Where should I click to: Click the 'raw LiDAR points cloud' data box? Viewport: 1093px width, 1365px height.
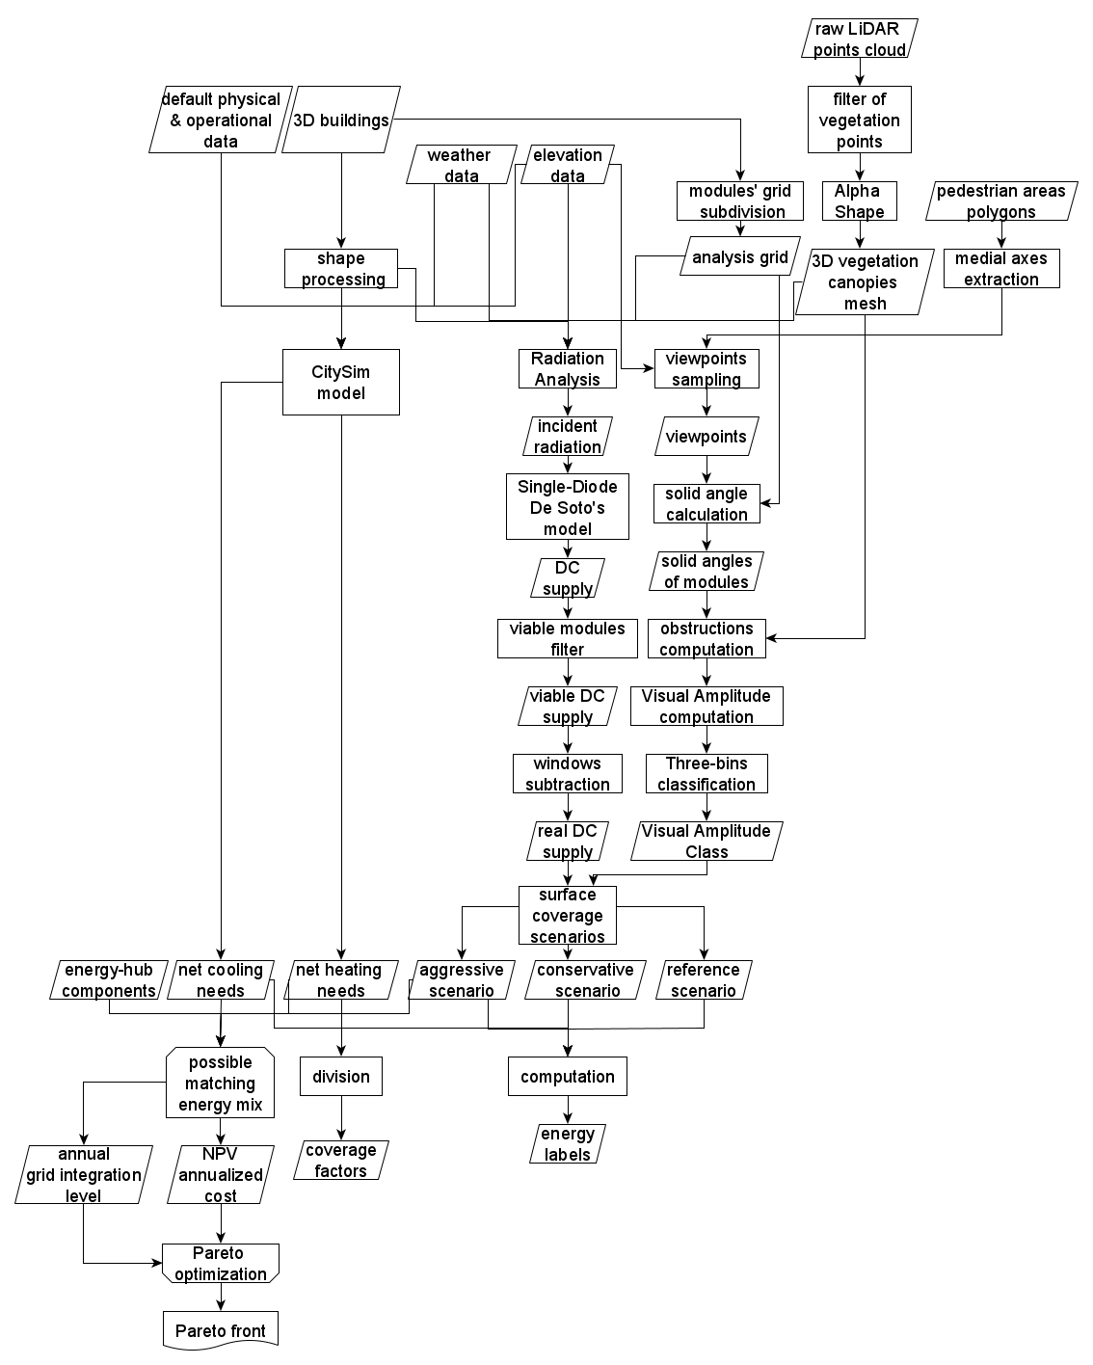coord(859,40)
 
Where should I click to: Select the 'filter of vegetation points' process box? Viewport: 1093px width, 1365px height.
coord(859,120)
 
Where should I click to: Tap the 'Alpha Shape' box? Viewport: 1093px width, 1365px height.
coord(859,201)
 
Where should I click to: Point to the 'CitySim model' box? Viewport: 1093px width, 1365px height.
coord(340,383)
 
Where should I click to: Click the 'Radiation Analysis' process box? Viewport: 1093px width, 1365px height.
coord(568,369)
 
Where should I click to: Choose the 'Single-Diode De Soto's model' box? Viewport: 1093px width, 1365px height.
coord(568,507)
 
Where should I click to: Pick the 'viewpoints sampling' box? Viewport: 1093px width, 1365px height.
coord(706,369)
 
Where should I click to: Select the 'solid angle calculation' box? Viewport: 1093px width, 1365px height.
coord(706,504)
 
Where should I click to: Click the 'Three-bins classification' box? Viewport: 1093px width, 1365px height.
coord(706,774)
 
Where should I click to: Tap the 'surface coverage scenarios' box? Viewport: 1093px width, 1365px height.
coord(568,916)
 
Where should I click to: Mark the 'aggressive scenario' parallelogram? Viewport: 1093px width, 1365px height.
coord(462,980)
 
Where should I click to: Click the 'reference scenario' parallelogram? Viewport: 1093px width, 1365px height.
coord(704,980)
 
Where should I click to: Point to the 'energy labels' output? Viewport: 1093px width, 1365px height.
coord(568,1144)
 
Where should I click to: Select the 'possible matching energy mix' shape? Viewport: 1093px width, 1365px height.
coord(220,1084)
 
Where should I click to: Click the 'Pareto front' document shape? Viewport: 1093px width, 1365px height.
coord(221,1330)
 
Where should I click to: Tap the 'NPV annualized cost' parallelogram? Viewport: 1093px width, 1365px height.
coord(220,1175)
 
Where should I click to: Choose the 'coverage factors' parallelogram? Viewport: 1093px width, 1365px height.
coord(340,1161)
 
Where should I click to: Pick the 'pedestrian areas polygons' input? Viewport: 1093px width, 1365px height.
coord(1000,201)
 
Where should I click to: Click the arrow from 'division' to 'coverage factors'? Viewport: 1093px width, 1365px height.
coord(340,1117)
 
